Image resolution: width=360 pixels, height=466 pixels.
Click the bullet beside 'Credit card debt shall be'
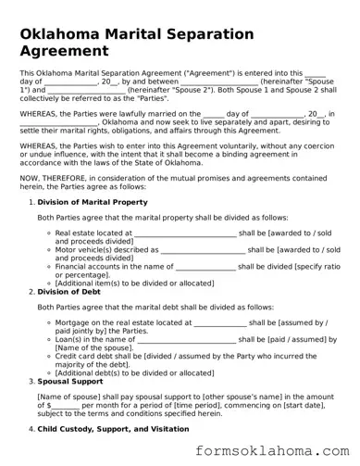coord(50,357)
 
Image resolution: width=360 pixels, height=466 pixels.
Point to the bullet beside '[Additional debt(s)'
coord(50,372)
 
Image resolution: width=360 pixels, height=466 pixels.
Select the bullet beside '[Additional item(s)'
coord(50,282)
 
